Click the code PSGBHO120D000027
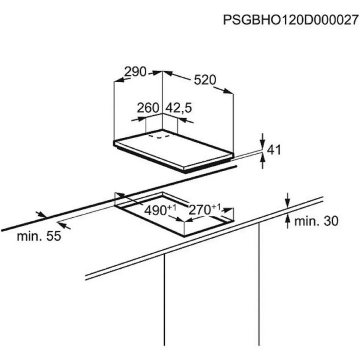(x=291, y=20)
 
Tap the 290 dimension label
(x=135, y=72)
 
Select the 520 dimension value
(x=205, y=80)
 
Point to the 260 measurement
(x=148, y=108)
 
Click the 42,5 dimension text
(x=179, y=108)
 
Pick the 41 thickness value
(x=274, y=150)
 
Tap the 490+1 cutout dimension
(x=160, y=209)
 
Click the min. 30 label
(x=316, y=221)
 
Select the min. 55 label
(x=39, y=236)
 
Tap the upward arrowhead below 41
(x=263, y=158)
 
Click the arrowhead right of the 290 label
(x=156, y=73)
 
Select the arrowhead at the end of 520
(x=228, y=91)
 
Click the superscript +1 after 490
(x=172, y=207)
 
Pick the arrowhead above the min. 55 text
(x=41, y=215)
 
